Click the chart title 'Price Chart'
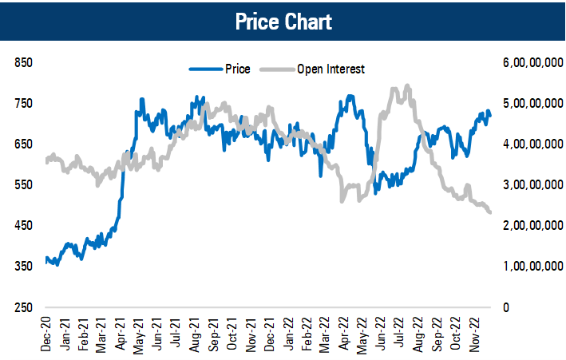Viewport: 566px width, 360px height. (283, 21)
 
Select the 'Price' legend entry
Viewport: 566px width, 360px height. (238, 69)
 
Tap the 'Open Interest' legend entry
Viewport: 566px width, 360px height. (330, 69)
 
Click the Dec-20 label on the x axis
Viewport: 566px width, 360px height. (47, 334)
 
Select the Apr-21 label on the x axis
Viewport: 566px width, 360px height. (121, 334)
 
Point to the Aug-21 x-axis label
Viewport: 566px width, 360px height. (195, 334)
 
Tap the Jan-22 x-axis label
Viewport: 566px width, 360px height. (287, 334)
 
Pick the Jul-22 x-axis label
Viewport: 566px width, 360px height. (398, 334)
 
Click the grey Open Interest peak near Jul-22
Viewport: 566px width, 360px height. (408, 86)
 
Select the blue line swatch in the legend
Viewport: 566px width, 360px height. (205, 69)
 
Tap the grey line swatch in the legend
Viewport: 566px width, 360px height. (279, 69)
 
